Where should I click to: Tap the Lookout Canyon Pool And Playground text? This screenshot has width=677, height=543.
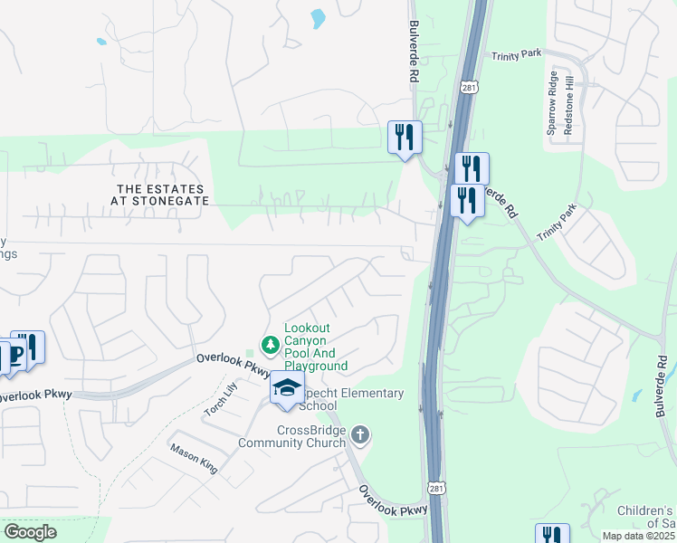tap(316, 347)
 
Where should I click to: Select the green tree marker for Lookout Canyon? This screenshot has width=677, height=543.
tap(269, 344)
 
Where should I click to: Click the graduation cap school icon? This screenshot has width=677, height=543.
tap(287, 388)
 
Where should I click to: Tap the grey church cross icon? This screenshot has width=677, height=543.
tap(360, 435)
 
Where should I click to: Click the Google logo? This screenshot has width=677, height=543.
tap(31, 532)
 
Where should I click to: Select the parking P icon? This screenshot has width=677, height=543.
tap(15, 356)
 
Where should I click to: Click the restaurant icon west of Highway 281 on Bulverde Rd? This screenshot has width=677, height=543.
tap(405, 137)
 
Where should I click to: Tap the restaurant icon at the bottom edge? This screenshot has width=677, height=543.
tap(552, 535)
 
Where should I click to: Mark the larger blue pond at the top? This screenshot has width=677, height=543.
tap(318, 17)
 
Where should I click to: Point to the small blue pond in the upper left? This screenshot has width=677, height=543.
tap(100, 42)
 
